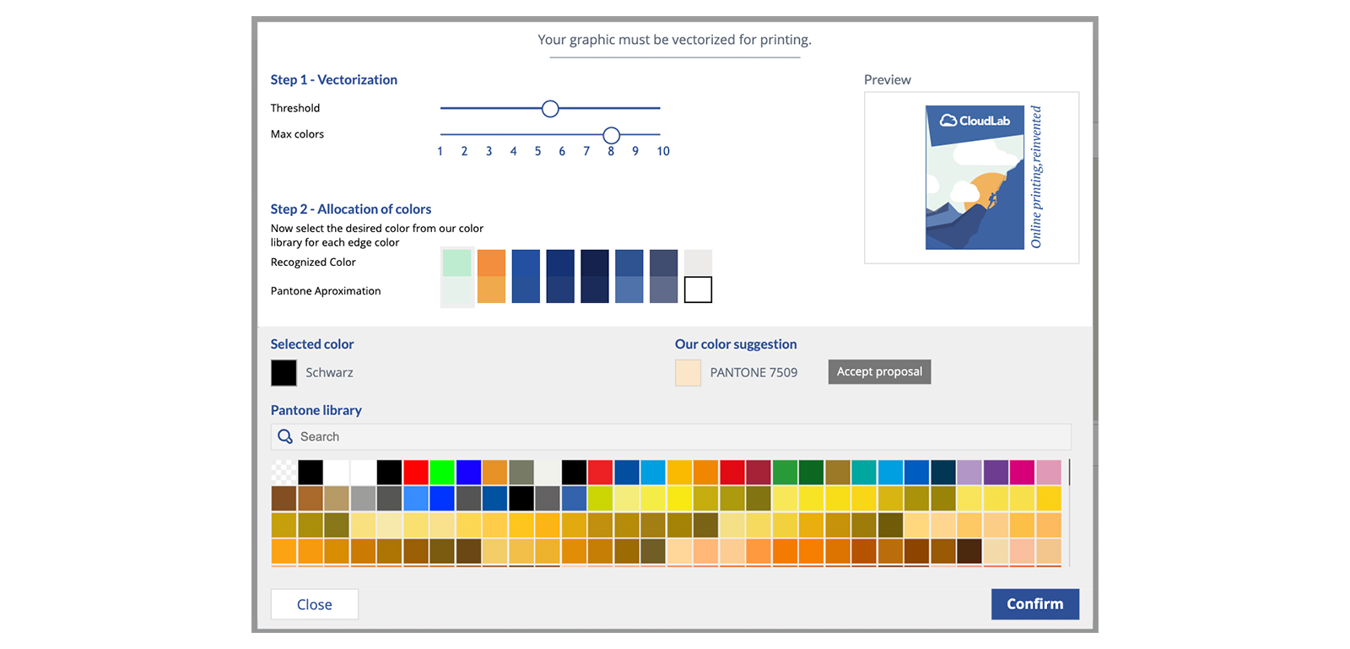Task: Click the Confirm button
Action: coord(1034,603)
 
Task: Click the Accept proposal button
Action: coord(879,372)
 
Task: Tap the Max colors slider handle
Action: coord(611,135)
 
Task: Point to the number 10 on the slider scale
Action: coord(663,151)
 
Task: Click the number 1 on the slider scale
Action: coord(440,151)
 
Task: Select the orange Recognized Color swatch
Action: coord(491,262)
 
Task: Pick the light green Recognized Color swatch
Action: coord(456,262)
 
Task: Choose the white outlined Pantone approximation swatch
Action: coord(698,289)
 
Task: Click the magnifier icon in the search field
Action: coord(285,436)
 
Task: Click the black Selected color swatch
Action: coord(283,372)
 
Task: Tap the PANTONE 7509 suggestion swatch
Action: coord(688,372)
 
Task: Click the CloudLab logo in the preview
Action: coord(975,121)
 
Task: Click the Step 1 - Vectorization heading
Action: coord(334,79)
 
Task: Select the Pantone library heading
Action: coord(316,410)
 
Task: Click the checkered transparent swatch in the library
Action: coord(283,472)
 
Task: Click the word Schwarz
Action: coord(329,372)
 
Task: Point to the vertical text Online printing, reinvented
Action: coord(1036,176)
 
